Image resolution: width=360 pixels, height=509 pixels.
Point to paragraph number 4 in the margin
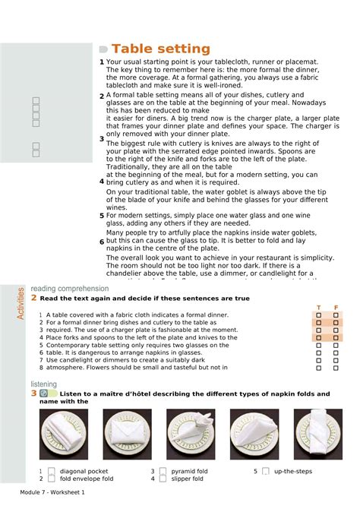click(x=102, y=182)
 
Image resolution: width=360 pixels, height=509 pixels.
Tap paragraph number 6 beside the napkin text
click(x=102, y=242)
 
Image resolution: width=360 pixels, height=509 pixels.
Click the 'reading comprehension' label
click(x=69, y=289)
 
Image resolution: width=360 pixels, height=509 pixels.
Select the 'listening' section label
click(x=44, y=384)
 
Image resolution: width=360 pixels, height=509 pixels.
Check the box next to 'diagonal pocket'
click(x=52, y=471)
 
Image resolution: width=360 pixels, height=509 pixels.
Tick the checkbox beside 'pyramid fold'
click(x=163, y=471)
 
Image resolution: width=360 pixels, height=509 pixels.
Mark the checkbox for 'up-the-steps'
click(x=266, y=471)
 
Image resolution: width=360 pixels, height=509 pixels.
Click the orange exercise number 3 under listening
click(x=33, y=394)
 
